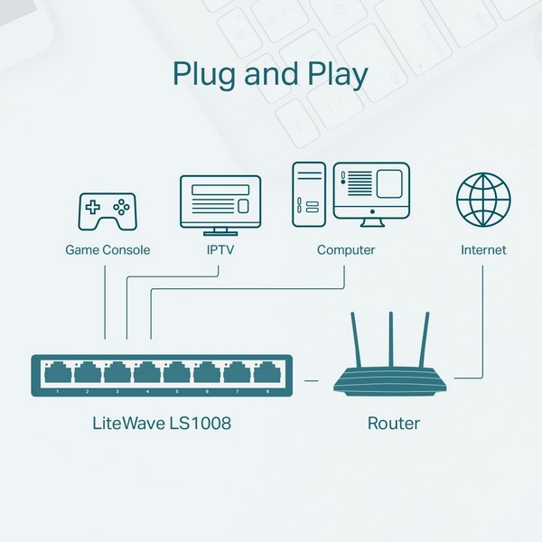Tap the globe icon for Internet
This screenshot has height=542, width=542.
click(x=483, y=201)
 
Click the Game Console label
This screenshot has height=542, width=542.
click(x=107, y=250)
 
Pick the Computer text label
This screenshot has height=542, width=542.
click(x=345, y=250)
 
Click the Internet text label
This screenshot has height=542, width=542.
click(x=483, y=250)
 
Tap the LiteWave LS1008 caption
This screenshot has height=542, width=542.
click(x=163, y=423)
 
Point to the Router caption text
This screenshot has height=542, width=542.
click(x=393, y=423)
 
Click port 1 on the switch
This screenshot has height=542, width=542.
click(x=57, y=372)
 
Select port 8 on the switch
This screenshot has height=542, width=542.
click(x=266, y=372)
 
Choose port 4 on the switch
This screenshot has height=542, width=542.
click(x=147, y=372)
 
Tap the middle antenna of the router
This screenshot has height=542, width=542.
click(x=392, y=339)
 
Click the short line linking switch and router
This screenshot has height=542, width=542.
click(x=311, y=381)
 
